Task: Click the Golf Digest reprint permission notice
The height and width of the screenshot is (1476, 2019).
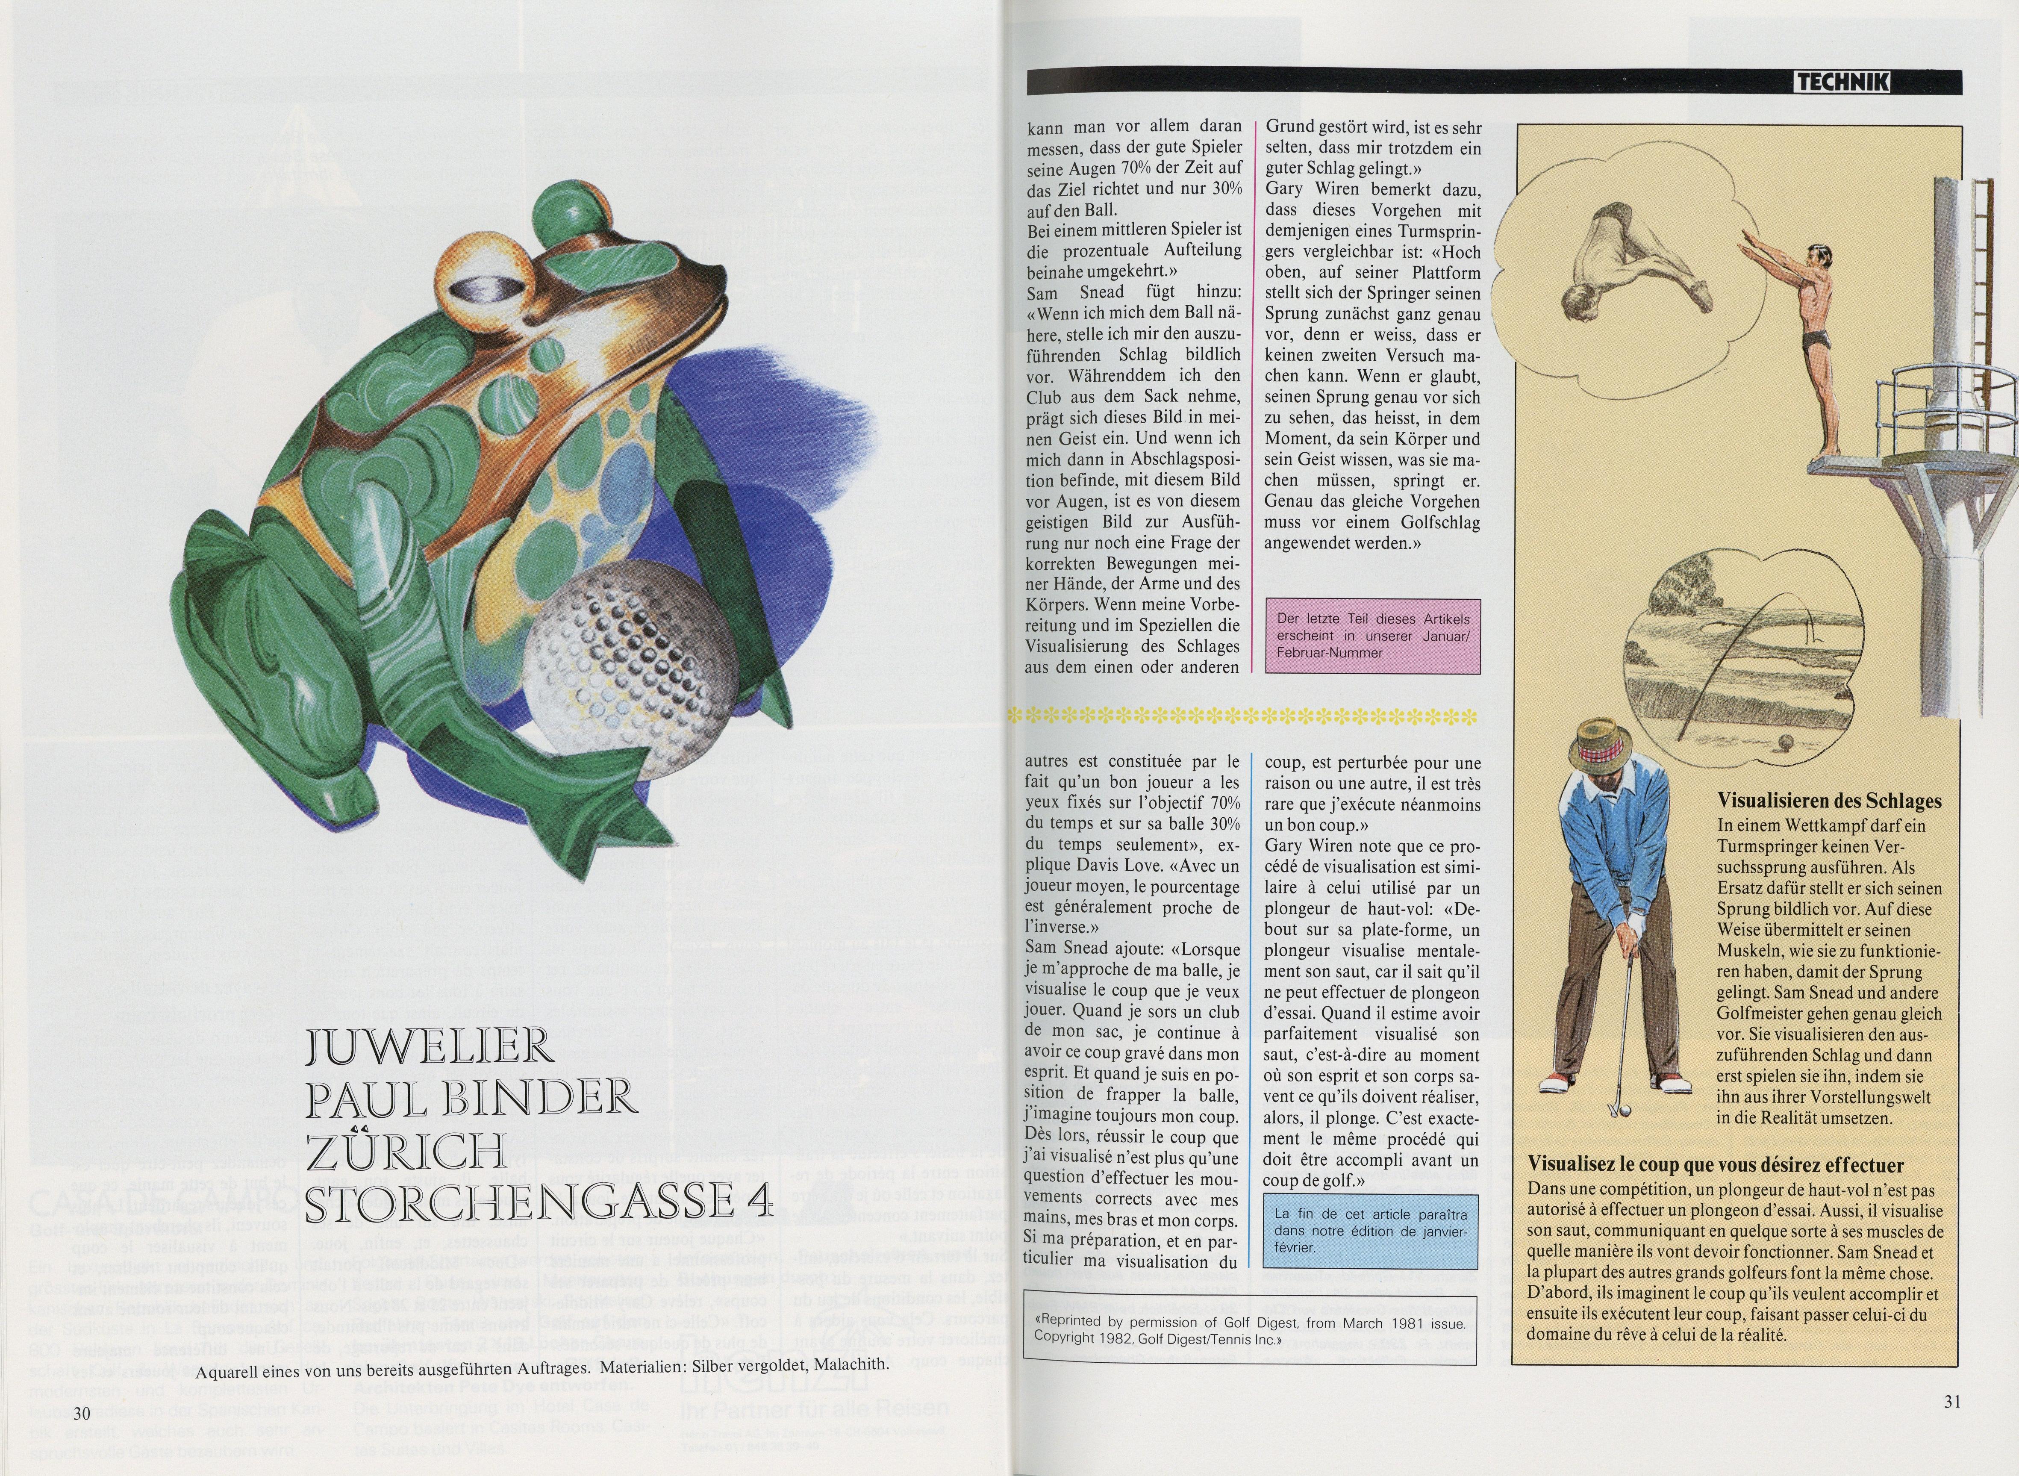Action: pos(1249,1329)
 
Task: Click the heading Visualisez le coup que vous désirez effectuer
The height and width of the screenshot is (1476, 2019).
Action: pos(1715,1165)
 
